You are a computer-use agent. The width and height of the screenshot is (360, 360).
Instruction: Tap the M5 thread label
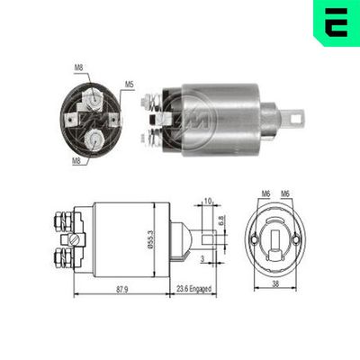(x=129, y=85)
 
